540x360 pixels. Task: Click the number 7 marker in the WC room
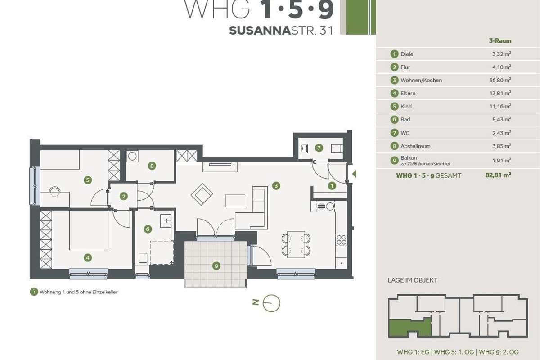tap(319, 148)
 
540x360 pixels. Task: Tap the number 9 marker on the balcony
tap(216, 266)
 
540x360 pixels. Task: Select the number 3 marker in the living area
tap(276, 186)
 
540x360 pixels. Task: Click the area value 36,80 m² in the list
tap(500, 80)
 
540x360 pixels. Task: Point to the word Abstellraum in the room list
tap(415, 146)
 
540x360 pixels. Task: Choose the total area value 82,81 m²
tap(498, 175)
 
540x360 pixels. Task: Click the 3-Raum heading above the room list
tap(500, 41)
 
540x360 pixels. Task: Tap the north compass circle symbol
tap(271, 303)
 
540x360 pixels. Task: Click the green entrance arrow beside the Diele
tap(354, 174)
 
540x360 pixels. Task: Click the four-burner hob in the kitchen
tap(342, 240)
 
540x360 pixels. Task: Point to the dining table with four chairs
tap(296, 244)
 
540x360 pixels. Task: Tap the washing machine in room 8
tap(132, 156)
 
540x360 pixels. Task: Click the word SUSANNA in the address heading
tap(260, 31)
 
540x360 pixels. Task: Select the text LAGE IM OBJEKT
tap(413, 280)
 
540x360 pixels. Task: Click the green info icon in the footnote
tap(34, 292)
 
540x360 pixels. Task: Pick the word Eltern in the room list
tap(408, 93)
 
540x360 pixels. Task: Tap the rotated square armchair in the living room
tap(202, 194)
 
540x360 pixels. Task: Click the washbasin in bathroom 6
tap(166, 221)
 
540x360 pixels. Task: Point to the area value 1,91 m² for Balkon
tap(502, 161)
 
